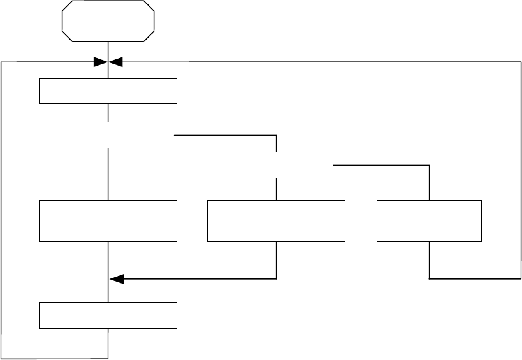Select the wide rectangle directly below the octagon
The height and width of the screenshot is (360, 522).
[108, 91]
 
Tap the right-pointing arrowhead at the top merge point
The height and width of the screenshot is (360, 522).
[100, 62]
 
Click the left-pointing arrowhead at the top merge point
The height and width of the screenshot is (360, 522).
[116, 62]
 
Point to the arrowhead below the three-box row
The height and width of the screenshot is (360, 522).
[115, 278]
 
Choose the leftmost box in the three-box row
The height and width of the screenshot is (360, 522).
[108, 221]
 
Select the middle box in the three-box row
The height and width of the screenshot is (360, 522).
[276, 221]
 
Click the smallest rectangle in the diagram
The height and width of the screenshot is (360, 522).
[429, 221]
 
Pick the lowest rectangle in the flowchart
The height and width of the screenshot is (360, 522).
[108, 315]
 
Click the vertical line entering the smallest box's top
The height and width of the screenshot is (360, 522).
[430, 183]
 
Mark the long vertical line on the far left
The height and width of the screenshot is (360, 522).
[1, 210]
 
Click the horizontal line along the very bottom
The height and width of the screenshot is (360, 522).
[55, 358]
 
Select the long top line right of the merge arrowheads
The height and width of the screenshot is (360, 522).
[319, 62]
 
